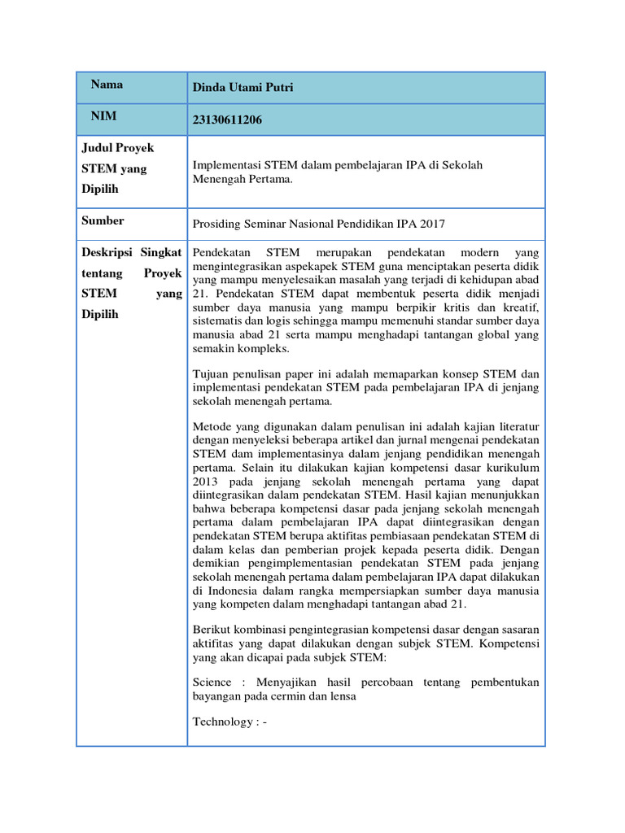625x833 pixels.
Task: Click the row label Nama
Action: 107,85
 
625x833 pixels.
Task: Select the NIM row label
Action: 103,116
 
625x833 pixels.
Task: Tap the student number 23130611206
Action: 227,120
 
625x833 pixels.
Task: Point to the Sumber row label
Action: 103,220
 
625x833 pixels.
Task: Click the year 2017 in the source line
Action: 432,224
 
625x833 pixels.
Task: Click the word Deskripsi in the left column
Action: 105,252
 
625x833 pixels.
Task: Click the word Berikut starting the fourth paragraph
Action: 213,630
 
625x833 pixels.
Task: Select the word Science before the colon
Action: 212,682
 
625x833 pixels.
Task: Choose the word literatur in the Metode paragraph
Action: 516,425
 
